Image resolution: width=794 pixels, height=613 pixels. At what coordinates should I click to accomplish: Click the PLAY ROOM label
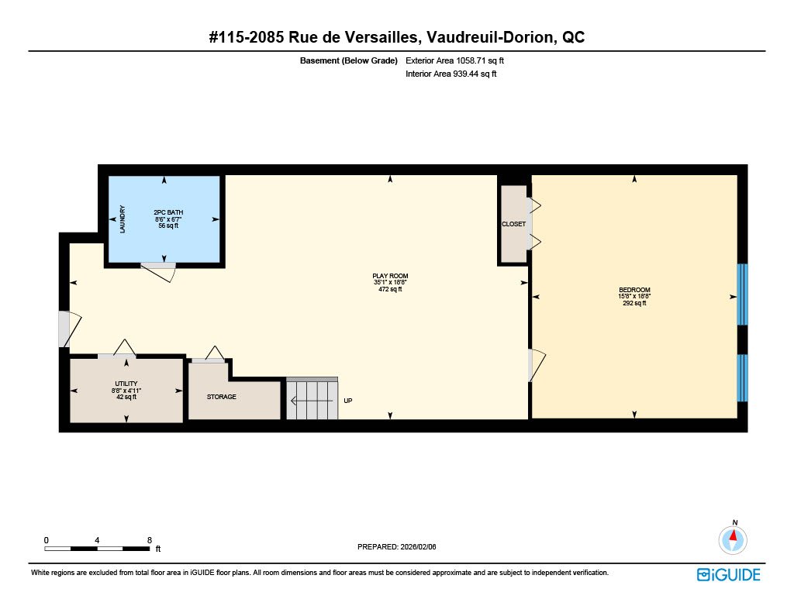pos(390,276)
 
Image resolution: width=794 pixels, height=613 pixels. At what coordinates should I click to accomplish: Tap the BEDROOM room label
pos(634,290)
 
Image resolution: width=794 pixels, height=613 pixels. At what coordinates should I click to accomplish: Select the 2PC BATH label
pos(168,212)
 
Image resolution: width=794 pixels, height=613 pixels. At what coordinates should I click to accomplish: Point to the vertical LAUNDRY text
pos(122,219)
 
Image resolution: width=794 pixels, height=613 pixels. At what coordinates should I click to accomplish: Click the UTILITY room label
pos(126,384)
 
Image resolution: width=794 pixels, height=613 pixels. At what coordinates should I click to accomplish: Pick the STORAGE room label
pos(221,397)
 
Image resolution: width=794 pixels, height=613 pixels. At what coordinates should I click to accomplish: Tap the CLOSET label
pos(514,224)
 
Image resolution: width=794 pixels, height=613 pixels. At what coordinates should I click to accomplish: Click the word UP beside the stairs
pos(348,401)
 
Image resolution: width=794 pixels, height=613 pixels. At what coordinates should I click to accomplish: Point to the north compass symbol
pos(733,539)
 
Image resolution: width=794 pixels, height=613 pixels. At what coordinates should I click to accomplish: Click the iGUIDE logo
pos(729,574)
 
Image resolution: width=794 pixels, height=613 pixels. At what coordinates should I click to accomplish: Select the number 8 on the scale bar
pos(150,540)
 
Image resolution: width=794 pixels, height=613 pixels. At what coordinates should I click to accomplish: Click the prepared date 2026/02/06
pos(418,546)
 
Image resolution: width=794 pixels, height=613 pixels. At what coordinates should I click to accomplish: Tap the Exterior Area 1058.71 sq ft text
pos(454,60)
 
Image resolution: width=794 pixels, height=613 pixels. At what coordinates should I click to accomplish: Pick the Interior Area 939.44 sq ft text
pos(451,74)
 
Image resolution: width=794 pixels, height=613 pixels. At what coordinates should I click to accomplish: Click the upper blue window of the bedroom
pos(742,294)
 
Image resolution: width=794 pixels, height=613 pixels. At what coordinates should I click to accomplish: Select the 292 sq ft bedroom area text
pos(634,303)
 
